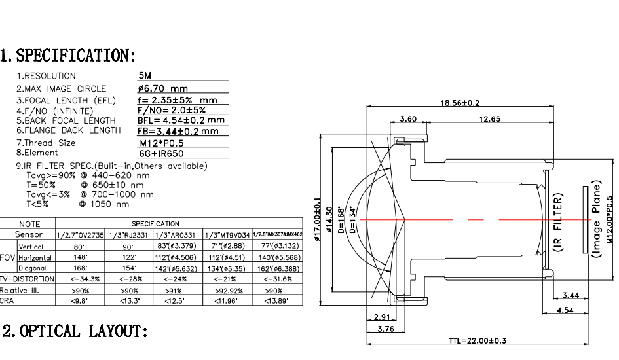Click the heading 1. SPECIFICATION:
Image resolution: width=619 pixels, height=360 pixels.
68,55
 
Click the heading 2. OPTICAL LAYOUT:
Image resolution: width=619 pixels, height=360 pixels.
75,331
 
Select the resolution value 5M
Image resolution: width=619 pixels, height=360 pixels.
145,76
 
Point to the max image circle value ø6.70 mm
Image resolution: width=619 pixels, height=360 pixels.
163,88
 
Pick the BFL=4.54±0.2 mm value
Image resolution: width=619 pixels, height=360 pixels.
181,120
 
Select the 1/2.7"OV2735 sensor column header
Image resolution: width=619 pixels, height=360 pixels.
81,235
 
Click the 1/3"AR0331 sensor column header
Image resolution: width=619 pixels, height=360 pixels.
178,235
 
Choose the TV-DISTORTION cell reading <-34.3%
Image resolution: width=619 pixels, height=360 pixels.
81,279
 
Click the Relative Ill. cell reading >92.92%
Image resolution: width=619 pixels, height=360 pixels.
228,290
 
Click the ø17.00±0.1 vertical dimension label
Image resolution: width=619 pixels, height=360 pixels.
317,220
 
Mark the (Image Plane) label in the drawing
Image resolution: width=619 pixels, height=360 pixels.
597,221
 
